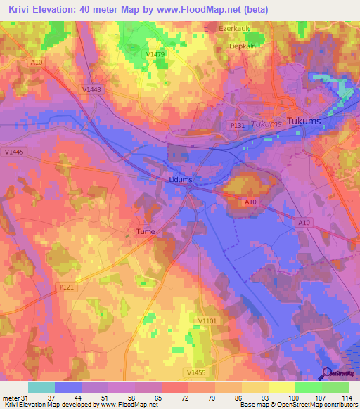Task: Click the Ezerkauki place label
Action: click(235, 29)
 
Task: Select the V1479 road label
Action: click(155, 54)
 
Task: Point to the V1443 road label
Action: click(91, 89)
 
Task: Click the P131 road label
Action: click(237, 124)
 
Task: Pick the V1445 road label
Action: click(13, 151)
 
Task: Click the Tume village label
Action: click(145, 231)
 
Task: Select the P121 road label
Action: click(67, 287)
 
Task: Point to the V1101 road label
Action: click(207, 320)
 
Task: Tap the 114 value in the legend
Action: click(345, 398)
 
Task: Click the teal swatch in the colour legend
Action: click(41, 387)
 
